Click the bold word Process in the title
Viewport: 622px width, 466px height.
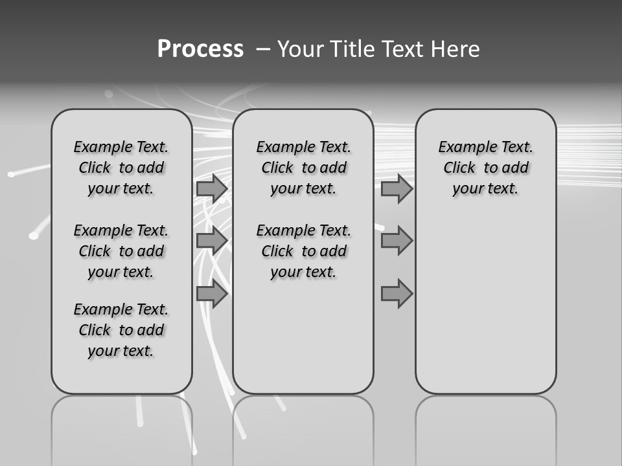[x=200, y=49]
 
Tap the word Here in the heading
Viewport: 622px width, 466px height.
[x=454, y=49]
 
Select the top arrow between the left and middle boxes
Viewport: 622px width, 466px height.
[x=212, y=189]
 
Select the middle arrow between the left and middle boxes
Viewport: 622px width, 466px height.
[x=212, y=241]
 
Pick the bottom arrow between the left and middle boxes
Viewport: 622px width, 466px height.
[x=212, y=294]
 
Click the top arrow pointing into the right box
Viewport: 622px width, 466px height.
[x=397, y=189]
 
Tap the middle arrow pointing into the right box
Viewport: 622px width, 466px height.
[x=397, y=241]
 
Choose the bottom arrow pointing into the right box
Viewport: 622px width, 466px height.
[x=397, y=294]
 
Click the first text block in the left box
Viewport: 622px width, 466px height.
[x=121, y=168]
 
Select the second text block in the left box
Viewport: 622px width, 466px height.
[x=121, y=251]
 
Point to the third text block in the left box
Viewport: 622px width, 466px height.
[x=121, y=330]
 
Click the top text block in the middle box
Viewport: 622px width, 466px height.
[x=303, y=168]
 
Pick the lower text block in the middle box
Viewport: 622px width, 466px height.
[x=303, y=251]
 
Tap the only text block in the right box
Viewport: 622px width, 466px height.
[x=485, y=168]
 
